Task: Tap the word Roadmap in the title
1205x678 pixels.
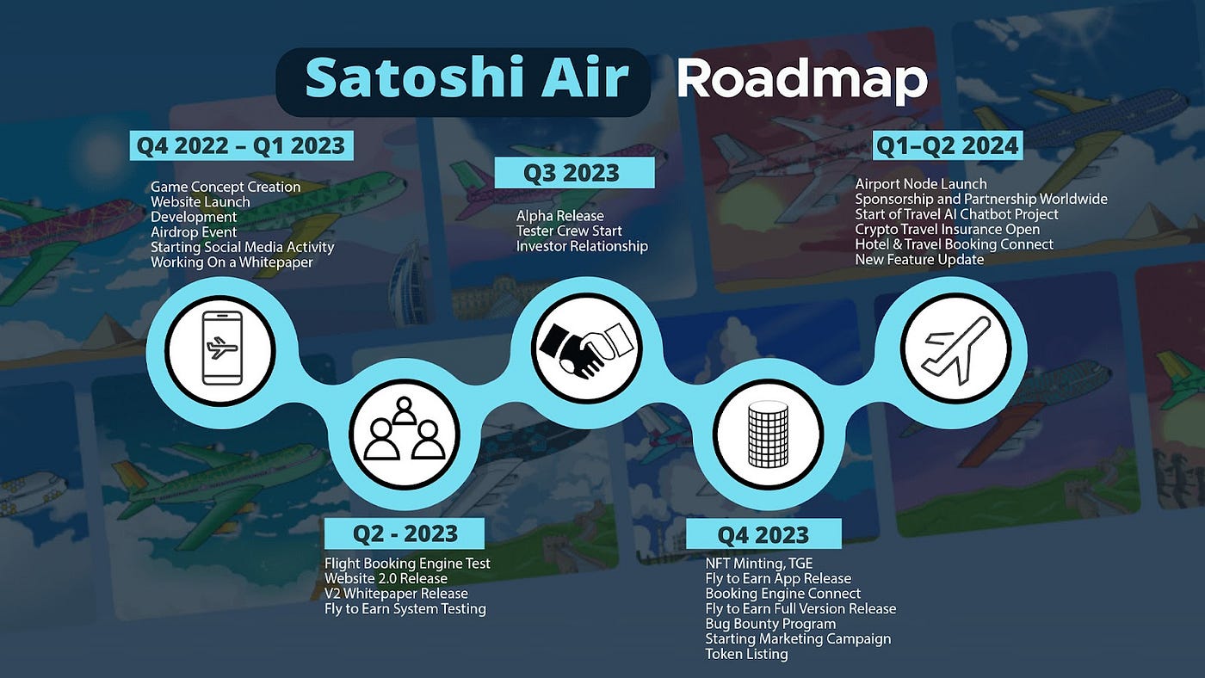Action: click(x=801, y=81)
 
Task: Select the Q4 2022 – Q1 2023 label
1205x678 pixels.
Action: click(x=242, y=145)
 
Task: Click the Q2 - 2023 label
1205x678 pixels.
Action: click(x=405, y=533)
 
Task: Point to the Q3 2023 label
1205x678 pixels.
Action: click(x=573, y=173)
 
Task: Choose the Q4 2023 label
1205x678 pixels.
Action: click(x=763, y=534)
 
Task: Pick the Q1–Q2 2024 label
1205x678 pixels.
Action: click(x=947, y=145)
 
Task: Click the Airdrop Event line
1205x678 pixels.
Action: click(x=194, y=232)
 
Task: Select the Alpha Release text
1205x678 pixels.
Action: click(x=560, y=216)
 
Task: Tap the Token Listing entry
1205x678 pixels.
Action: click(x=746, y=654)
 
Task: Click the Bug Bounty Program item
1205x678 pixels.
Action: click(x=770, y=624)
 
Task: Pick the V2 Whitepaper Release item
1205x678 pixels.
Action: click(x=396, y=594)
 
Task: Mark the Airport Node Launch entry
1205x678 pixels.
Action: click(x=921, y=184)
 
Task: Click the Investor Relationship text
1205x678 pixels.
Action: click(x=582, y=246)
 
